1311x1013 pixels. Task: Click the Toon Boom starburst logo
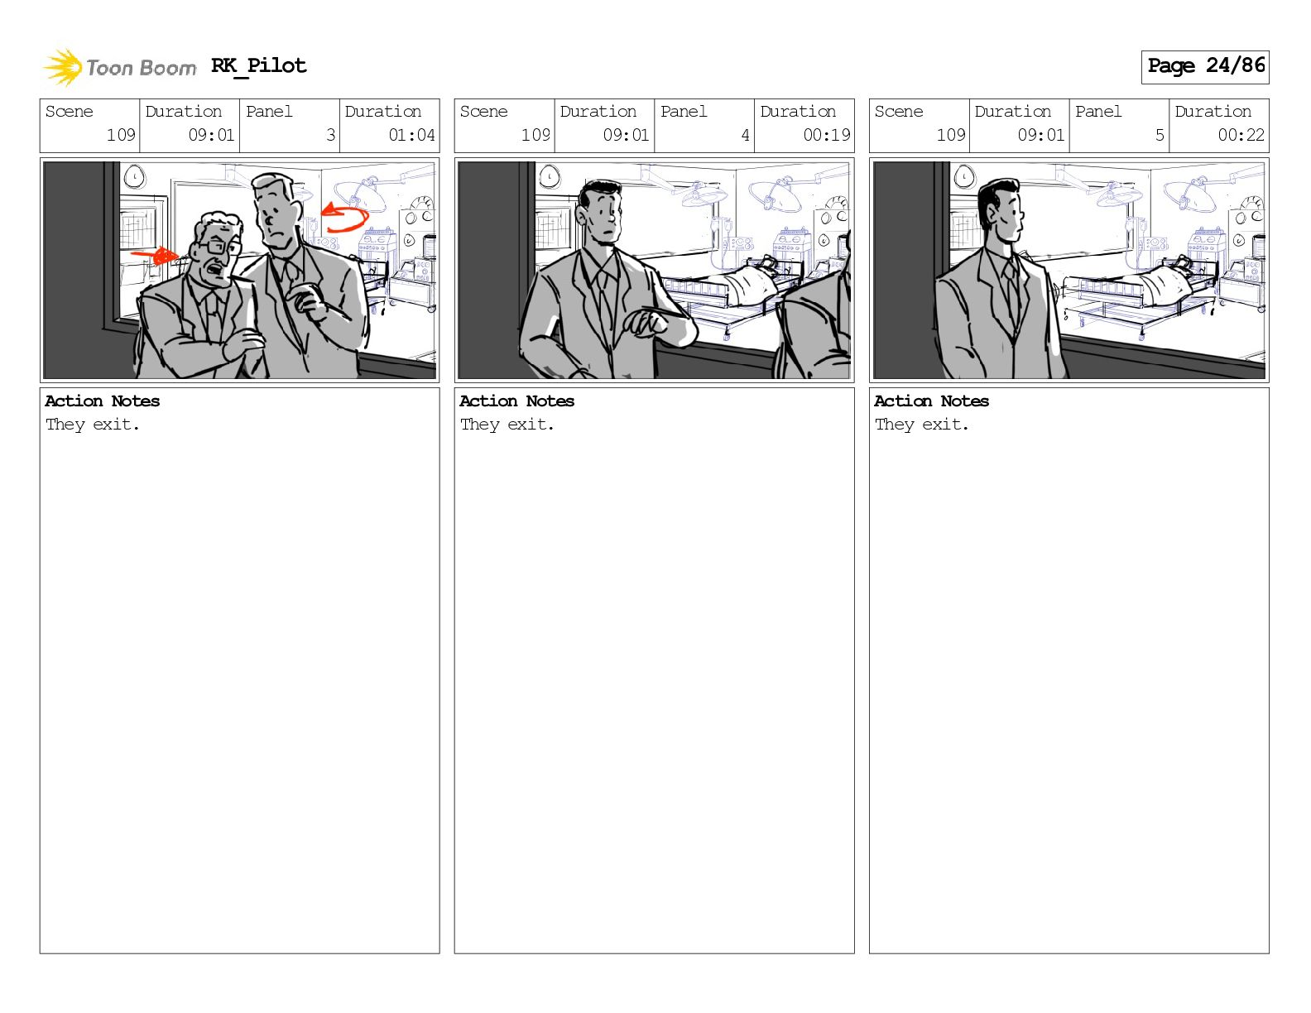pyautogui.click(x=62, y=67)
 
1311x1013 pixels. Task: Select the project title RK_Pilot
pyautogui.click(x=259, y=65)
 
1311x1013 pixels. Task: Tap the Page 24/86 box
pyautogui.click(x=1205, y=67)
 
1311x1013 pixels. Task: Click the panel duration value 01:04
pyautogui.click(x=411, y=135)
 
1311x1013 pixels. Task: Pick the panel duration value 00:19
pyautogui.click(x=827, y=135)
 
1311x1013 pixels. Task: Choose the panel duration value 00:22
pyautogui.click(x=1241, y=135)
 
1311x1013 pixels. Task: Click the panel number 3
pyautogui.click(x=330, y=135)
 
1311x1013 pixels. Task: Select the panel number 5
pyautogui.click(x=1160, y=135)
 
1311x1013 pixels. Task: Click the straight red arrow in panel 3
pyautogui.click(x=154, y=256)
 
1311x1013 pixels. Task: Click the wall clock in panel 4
pyautogui.click(x=549, y=177)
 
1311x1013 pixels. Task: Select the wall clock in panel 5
pyautogui.click(x=964, y=177)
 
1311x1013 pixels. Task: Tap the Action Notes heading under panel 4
pyautogui.click(x=517, y=401)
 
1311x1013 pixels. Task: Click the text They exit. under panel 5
pyautogui.click(x=922, y=425)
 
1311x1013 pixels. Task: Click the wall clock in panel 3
pyautogui.click(x=134, y=177)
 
